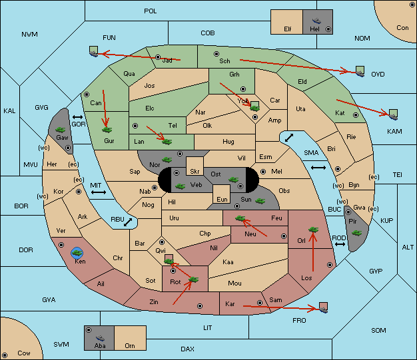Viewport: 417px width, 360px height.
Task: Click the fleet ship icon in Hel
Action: tap(316, 21)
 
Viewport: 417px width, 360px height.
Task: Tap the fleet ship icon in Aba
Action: tap(100, 337)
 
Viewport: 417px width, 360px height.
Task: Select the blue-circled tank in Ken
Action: tap(77, 253)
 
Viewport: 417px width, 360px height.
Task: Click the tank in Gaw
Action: tap(61, 130)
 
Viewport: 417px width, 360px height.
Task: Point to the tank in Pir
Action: tap(356, 233)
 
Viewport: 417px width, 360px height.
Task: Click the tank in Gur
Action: tap(107, 130)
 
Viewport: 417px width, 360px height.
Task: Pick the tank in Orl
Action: tap(313, 230)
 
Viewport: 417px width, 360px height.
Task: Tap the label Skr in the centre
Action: tap(195, 172)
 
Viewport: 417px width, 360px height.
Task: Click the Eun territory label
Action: tap(222, 199)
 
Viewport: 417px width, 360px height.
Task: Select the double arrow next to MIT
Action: tap(99, 192)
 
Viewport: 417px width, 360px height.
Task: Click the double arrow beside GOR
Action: tap(77, 117)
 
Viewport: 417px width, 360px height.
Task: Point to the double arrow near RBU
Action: tap(128, 222)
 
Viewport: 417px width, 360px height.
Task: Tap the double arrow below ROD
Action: tap(340, 244)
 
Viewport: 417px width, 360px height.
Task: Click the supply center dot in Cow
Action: tap(5, 355)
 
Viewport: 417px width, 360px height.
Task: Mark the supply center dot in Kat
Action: tap(356, 115)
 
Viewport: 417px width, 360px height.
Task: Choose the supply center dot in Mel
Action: tap(263, 172)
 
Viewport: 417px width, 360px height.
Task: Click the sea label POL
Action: tap(151, 11)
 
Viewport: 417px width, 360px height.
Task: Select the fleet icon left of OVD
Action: tap(360, 71)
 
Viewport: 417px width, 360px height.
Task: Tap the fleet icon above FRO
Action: tap(323, 307)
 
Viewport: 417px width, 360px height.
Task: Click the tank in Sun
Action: tap(260, 201)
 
